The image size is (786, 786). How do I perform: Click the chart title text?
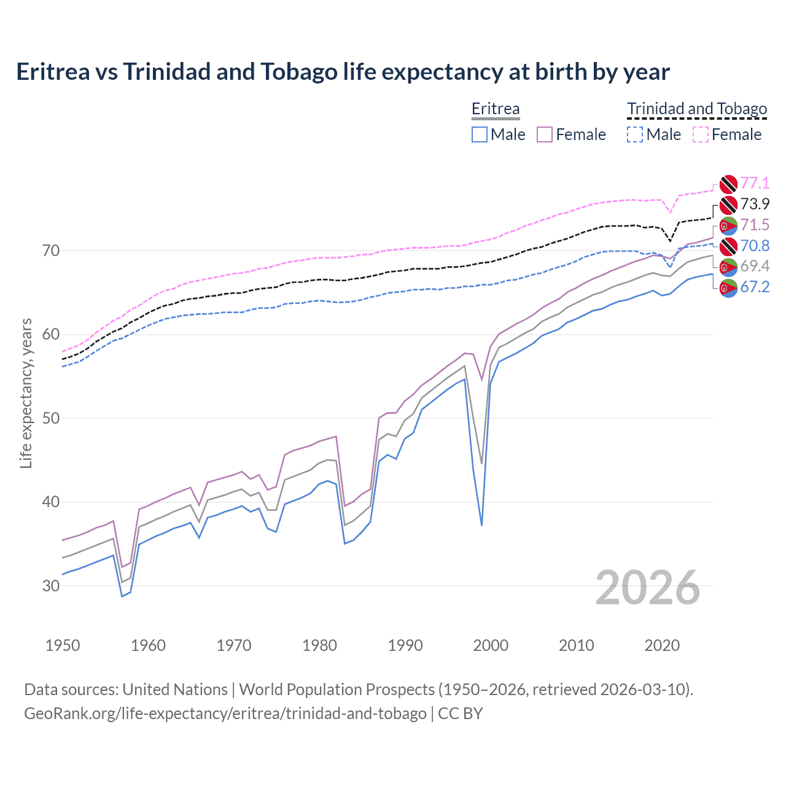[343, 72]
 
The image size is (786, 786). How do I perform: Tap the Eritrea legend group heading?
[495, 109]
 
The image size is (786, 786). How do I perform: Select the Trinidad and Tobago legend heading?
[697, 109]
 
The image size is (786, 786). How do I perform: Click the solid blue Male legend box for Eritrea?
[480, 134]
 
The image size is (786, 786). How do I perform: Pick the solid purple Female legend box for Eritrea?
[545, 134]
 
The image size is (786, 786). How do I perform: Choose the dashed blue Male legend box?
[635, 134]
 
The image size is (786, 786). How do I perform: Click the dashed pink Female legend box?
[701, 134]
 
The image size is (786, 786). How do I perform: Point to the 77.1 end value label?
[755, 183]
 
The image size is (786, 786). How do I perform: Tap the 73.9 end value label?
[755, 204]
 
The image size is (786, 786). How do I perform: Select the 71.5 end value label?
[755, 225]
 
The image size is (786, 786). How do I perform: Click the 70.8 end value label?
[755, 246]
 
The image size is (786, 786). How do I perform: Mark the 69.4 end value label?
[755, 266]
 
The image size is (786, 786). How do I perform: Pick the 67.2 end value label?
[755, 287]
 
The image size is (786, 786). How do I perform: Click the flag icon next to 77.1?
[728, 183]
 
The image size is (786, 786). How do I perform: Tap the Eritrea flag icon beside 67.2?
[728, 287]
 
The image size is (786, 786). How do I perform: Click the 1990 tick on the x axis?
[405, 645]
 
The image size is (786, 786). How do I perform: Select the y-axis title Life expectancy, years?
[26, 393]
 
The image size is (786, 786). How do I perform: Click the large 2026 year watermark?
[647, 588]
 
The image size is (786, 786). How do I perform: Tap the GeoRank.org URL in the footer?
[225, 714]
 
